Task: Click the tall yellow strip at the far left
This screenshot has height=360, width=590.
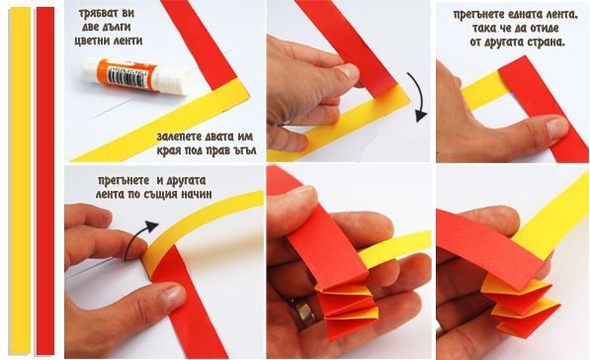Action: click(x=20, y=181)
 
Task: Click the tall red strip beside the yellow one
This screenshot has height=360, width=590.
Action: click(x=45, y=181)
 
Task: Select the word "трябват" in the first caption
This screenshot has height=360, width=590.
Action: click(x=93, y=14)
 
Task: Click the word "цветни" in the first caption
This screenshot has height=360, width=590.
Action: click(x=89, y=41)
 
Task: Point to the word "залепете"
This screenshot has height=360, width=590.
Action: click(x=176, y=135)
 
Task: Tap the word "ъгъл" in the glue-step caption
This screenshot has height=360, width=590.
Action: click(x=244, y=150)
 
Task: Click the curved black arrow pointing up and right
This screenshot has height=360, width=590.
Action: click(x=137, y=237)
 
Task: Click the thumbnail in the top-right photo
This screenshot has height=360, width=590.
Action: click(x=556, y=128)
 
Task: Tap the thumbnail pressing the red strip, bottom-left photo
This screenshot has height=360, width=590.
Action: click(x=173, y=295)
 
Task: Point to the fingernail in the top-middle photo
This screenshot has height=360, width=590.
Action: click(x=347, y=71)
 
